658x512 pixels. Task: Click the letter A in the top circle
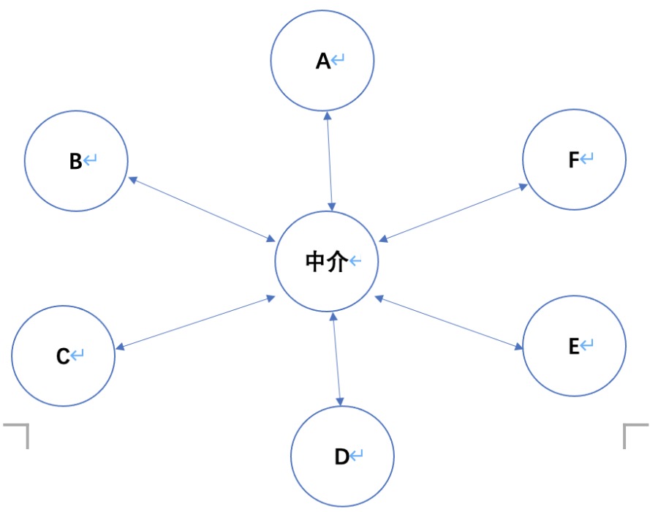click(323, 61)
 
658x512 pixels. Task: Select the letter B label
click(75, 162)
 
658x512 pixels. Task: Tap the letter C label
click(63, 356)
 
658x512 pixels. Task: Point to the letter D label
click(341, 457)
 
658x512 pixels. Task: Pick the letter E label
click(574, 346)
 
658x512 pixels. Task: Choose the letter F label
click(574, 159)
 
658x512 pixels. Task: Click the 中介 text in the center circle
click(325, 262)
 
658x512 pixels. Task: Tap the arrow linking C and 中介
click(194, 323)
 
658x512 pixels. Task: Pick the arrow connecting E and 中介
click(450, 322)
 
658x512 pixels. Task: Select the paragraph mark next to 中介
click(355, 261)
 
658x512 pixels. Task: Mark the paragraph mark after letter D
click(356, 456)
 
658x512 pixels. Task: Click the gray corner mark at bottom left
click(18, 434)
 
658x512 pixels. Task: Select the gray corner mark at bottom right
click(634, 434)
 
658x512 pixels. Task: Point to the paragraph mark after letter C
click(77, 355)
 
